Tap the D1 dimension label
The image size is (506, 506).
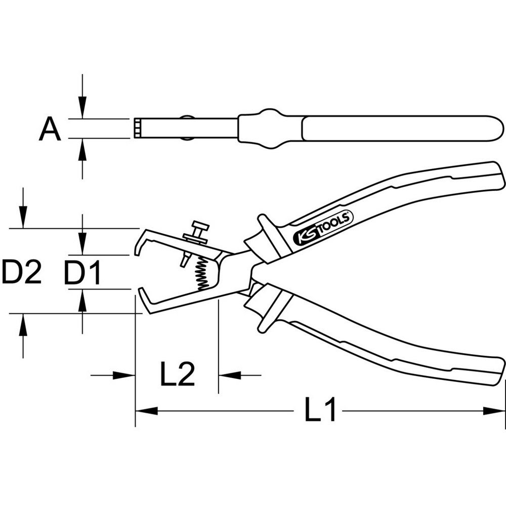(82, 273)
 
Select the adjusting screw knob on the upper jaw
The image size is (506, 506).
(199, 227)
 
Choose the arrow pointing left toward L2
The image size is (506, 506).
(230, 375)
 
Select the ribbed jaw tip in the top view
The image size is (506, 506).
(138, 129)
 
